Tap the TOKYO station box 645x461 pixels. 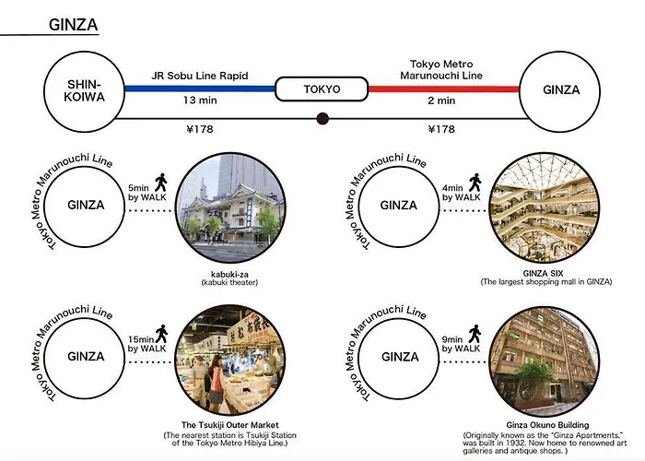coord(322,89)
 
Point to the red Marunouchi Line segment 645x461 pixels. coord(442,89)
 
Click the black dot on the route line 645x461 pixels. coord(322,118)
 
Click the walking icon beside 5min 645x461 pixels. coord(161,182)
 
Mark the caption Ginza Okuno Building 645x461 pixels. coord(542,425)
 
